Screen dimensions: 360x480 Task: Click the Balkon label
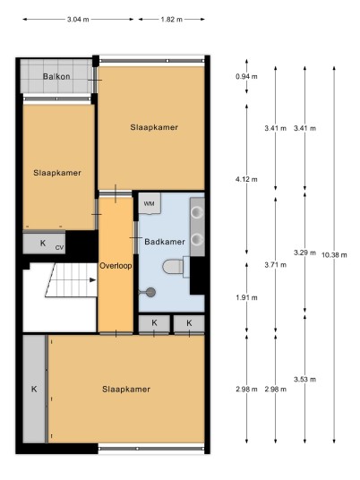point(56,76)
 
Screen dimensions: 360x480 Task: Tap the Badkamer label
point(165,242)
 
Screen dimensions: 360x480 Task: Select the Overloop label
point(116,266)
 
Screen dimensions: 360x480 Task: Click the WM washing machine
point(150,203)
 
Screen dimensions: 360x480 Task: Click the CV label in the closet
point(59,248)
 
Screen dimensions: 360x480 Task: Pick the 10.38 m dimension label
point(334,254)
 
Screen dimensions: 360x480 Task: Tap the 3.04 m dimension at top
point(78,20)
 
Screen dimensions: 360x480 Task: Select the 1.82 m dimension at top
point(171,20)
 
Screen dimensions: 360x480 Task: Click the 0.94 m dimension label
point(246,76)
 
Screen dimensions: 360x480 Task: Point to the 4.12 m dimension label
point(246,179)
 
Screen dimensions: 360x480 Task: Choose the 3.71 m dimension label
point(276,265)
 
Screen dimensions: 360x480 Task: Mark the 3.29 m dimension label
point(304,253)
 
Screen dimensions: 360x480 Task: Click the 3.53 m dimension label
point(304,380)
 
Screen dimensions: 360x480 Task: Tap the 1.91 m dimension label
point(246,297)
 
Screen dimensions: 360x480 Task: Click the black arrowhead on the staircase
point(92,279)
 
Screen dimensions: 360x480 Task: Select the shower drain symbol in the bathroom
point(150,292)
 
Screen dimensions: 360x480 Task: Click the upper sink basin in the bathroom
point(197,212)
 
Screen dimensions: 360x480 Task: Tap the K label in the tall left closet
point(34,389)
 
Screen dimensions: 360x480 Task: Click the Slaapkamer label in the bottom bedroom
point(126,390)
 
